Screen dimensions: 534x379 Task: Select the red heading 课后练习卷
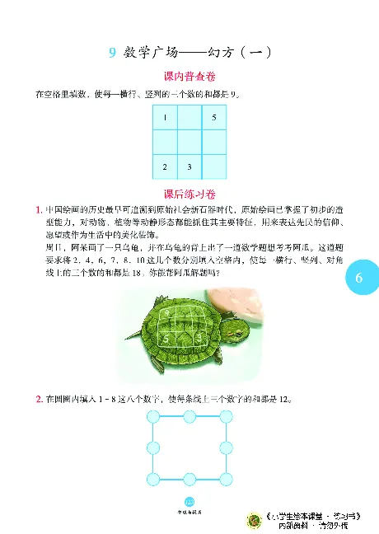189,194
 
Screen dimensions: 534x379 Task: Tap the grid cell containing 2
166,167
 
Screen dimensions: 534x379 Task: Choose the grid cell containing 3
189,167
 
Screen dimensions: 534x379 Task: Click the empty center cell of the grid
189,143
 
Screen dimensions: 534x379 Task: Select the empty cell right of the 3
213,167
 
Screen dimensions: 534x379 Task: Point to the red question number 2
40,400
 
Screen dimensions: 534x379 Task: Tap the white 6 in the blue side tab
359,279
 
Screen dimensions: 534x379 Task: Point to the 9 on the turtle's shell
171,314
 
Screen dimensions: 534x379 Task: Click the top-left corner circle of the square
153,419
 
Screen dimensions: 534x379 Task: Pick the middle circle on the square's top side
189,419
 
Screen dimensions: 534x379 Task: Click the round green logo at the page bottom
255,519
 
